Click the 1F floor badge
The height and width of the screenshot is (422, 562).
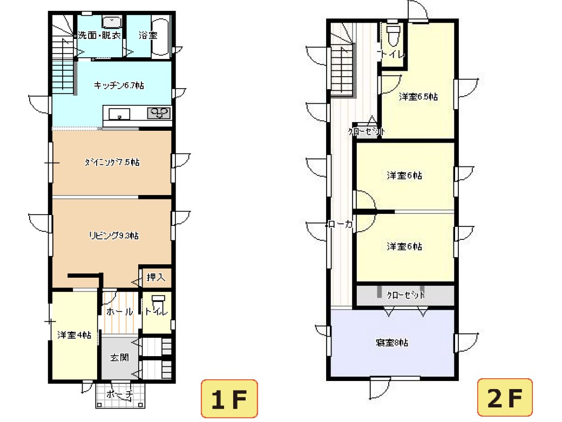229,399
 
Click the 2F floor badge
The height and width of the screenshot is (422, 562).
505,399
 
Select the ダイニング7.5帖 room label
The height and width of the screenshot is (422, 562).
112,162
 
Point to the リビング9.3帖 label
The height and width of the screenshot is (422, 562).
113,235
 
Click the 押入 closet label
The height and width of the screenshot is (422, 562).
155,277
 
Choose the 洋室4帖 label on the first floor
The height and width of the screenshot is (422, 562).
74,335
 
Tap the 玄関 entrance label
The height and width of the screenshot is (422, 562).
119,358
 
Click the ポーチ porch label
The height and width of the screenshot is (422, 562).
120,394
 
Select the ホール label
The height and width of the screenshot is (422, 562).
119,312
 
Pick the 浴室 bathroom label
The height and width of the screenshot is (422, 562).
147,35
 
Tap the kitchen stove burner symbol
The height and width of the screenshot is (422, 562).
159,113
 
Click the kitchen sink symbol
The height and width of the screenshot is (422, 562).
119,113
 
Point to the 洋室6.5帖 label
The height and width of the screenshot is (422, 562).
418,97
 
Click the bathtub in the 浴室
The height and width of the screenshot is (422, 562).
161,37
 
